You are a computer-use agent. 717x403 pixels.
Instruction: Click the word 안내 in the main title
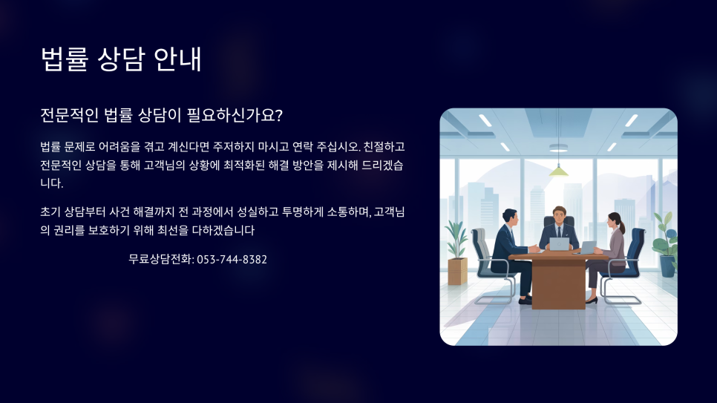point(177,59)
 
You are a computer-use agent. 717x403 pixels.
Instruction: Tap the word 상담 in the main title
point(121,59)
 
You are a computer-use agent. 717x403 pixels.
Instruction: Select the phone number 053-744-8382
point(232,259)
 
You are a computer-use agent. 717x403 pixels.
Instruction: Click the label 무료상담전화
point(160,259)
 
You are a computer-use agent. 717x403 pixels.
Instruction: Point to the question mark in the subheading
point(279,115)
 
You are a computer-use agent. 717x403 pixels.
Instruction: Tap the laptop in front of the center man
point(559,244)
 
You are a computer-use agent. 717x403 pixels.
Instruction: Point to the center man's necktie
point(559,232)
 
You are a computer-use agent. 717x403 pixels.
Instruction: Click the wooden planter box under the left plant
point(457,271)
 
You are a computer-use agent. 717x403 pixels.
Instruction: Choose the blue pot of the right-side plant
point(667,266)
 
